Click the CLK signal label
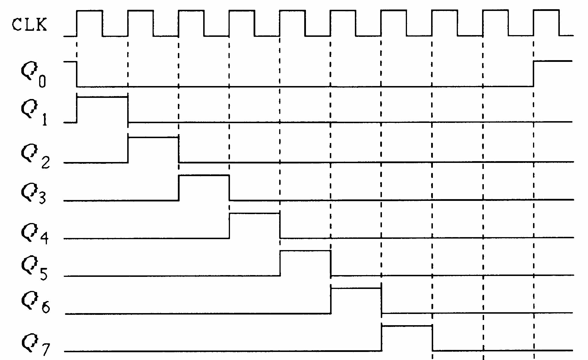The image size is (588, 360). (29, 25)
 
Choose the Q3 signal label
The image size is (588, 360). (33, 193)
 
